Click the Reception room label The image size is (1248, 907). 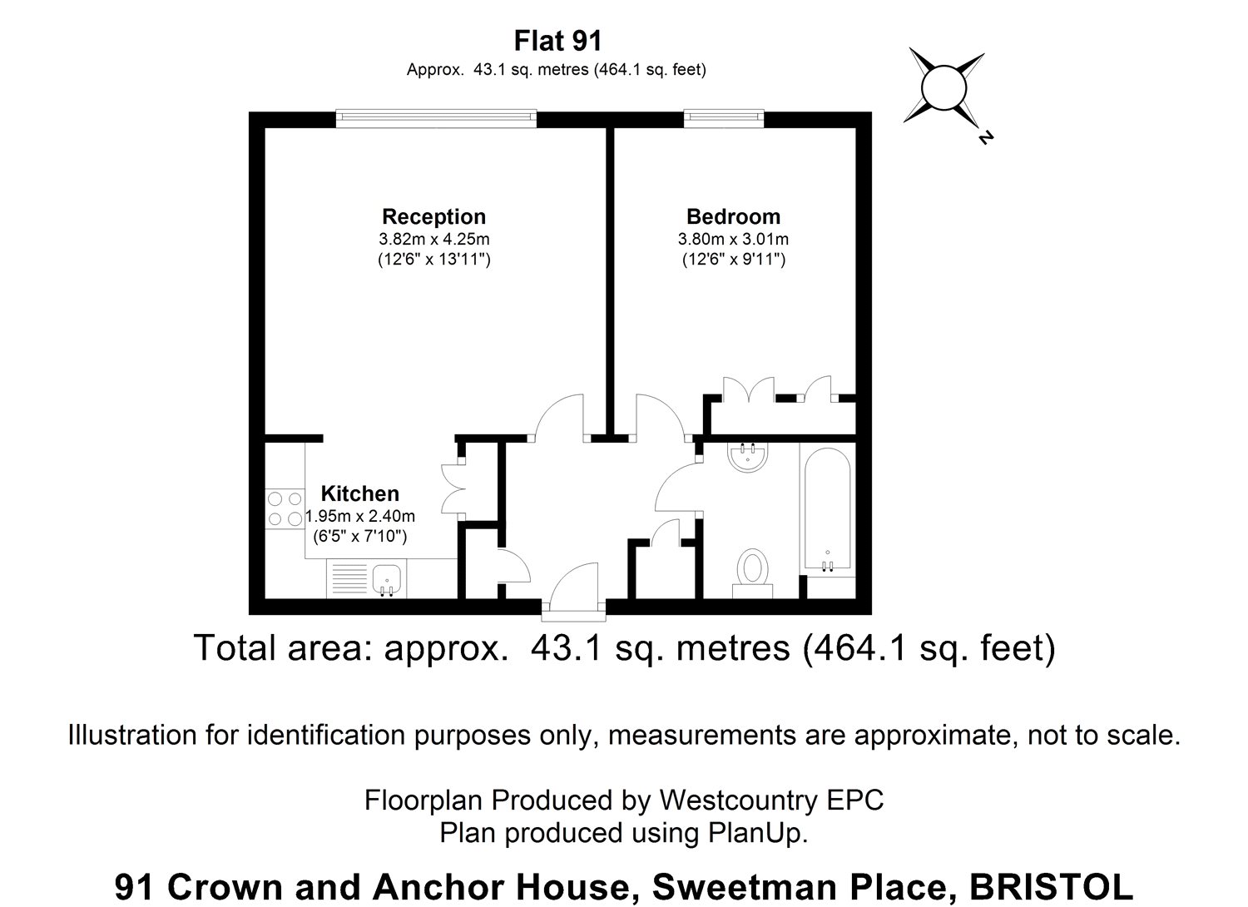pyautogui.click(x=433, y=216)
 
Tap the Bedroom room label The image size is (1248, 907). pyautogui.click(x=733, y=216)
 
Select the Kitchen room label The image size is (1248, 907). pyautogui.click(x=360, y=493)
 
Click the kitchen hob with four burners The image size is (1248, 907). pyautogui.click(x=285, y=508)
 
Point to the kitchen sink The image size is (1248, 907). pyautogui.click(x=387, y=579)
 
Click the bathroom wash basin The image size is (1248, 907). pyautogui.click(x=748, y=457)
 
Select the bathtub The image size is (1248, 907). pyautogui.click(x=827, y=509)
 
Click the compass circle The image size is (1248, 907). pyautogui.click(x=943, y=87)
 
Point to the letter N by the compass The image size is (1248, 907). pyautogui.click(x=987, y=137)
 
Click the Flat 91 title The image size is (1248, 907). pyautogui.click(x=557, y=41)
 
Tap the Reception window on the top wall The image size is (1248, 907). pyautogui.click(x=436, y=118)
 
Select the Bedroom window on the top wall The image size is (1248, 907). pyautogui.click(x=724, y=118)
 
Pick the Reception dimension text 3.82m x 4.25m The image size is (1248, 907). pyautogui.click(x=434, y=240)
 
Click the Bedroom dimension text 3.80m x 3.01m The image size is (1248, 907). pyautogui.click(x=733, y=240)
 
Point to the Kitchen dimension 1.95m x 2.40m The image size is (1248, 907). pyautogui.click(x=360, y=516)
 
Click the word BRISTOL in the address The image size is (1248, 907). pyautogui.click(x=1052, y=886)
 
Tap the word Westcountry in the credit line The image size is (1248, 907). pyautogui.click(x=739, y=800)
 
